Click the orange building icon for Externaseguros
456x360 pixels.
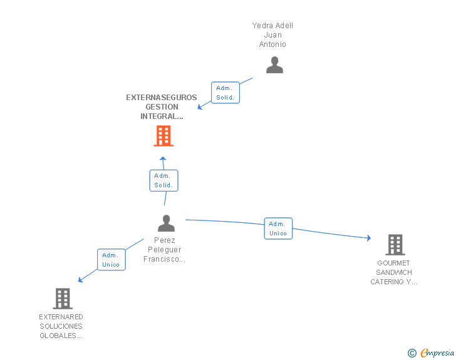pyautogui.click(x=163, y=136)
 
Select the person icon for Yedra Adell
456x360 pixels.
pyautogui.click(x=274, y=65)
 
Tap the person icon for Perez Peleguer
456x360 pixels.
pyautogui.click(x=166, y=223)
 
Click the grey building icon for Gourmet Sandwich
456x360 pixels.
pyautogui.click(x=395, y=244)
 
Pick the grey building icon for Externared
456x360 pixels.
pyautogui.click(x=63, y=299)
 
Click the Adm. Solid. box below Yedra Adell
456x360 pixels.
pyautogui.click(x=225, y=93)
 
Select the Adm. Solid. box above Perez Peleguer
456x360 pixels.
pyautogui.click(x=163, y=180)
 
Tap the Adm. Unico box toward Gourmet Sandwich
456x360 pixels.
pyautogui.click(x=278, y=229)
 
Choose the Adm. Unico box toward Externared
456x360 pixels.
pyautogui.click(x=111, y=260)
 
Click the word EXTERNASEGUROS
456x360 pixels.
pyautogui.click(x=162, y=98)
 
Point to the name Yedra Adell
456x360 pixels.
pyautogui.click(x=272, y=26)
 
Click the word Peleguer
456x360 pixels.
pyautogui.click(x=164, y=250)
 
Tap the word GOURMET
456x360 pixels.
pyautogui.click(x=394, y=263)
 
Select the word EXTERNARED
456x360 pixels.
pyautogui.click(x=61, y=317)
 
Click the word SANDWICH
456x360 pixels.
pyautogui.click(x=394, y=272)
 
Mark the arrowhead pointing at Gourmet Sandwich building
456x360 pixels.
pyautogui.click(x=368, y=238)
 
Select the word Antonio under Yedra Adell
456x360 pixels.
pyautogui.click(x=272, y=44)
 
